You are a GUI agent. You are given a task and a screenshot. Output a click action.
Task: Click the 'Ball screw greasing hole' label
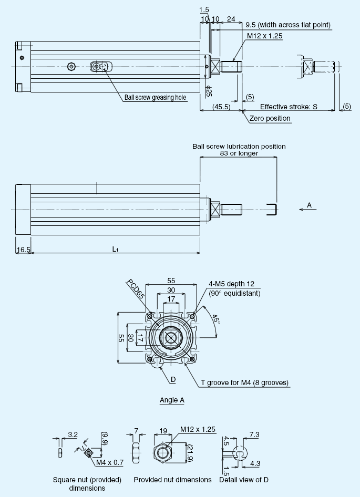pyautogui.click(x=155, y=97)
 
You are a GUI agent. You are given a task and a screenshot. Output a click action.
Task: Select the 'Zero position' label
pyautogui.click(x=270, y=119)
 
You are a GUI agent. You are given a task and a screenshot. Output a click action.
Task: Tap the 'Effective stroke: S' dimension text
pyautogui.click(x=289, y=107)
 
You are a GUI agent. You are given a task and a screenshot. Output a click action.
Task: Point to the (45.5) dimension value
pyautogui.click(x=221, y=107)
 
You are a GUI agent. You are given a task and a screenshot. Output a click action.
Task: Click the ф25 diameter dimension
pyautogui.click(x=209, y=91)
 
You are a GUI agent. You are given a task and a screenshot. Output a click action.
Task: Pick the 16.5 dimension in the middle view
pyautogui.click(x=23, y=250)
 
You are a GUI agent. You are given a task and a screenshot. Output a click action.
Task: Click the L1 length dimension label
pyautogui.click(x=115, y=249)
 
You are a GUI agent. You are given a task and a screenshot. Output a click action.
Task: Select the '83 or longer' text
pyautogui.click(x=239, y=153)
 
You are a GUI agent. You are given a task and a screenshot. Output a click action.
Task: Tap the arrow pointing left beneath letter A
pyautogui.click(x=307, y=209)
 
